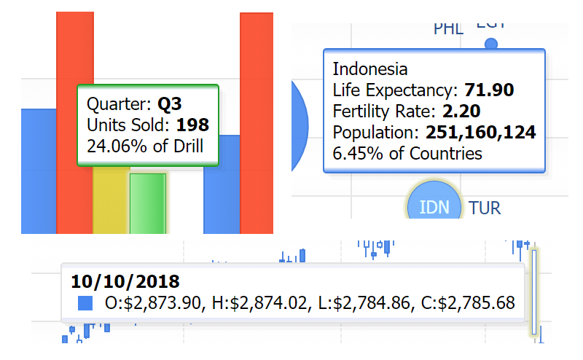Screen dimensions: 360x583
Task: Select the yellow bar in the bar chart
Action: (111, 200)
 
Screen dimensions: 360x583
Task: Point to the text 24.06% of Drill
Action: (144, 145)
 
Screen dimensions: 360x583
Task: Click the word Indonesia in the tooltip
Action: (370, 70)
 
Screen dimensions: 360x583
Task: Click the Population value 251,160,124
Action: (481, 133)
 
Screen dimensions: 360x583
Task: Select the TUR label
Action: (485, 208)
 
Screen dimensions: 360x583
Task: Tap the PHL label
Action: (448, 29)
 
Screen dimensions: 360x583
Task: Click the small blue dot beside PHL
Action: (491, 44)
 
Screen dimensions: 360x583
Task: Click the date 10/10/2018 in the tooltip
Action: (125, 281)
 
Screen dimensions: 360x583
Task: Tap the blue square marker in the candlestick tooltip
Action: (86, 302)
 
